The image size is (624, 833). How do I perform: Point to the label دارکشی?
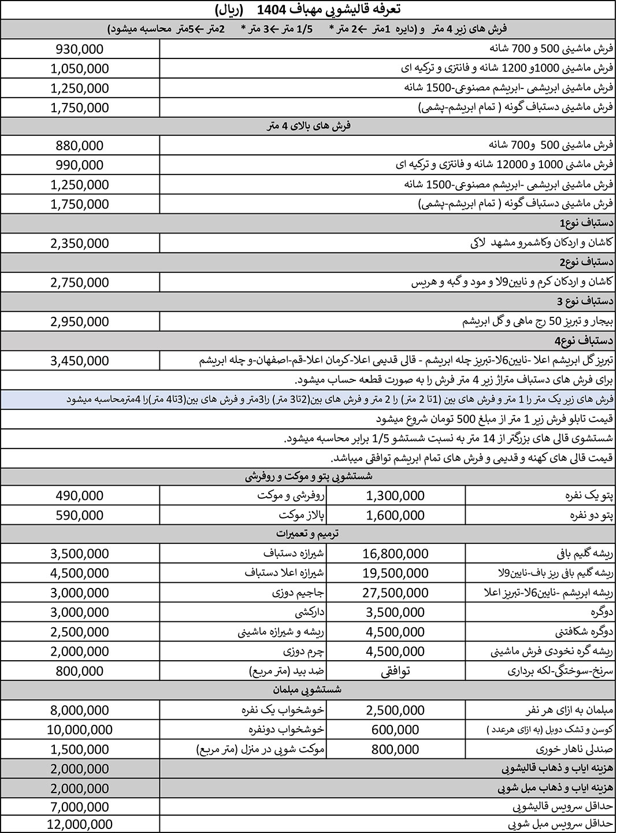click(310, 612)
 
